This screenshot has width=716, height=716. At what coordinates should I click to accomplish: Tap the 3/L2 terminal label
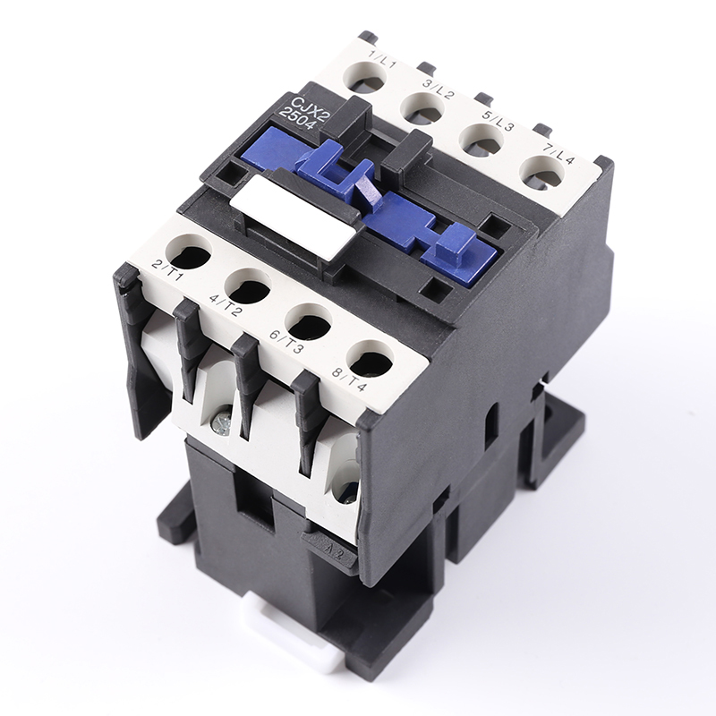439,89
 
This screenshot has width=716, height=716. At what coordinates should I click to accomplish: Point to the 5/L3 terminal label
498,120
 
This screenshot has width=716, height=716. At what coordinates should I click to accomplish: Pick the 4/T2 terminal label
225,303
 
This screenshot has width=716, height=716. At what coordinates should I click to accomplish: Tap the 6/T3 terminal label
286,339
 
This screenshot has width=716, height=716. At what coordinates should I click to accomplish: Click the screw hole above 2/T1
189,251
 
